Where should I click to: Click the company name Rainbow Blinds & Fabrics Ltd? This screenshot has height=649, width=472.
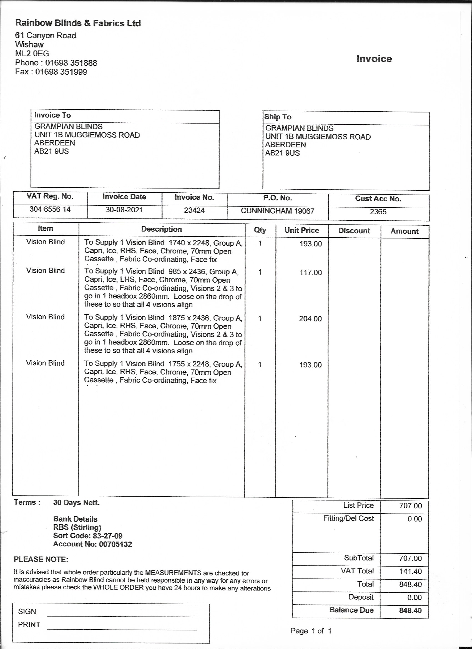point(78,23)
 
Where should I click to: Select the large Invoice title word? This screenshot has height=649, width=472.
point(374,59)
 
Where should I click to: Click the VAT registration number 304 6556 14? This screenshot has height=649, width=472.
point(50,210)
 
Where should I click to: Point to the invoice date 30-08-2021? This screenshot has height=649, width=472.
point(124,210)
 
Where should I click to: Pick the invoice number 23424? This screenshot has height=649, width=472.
point(194,211)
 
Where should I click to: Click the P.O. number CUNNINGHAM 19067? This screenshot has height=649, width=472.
point(277,211)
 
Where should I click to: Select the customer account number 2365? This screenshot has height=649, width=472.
point(378,212)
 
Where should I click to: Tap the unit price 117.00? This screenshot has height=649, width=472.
point(311,272)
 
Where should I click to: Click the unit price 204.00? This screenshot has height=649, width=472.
point(310,319)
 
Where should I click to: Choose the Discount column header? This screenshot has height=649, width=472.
point(354,231)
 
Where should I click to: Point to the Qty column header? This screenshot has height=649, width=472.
point(260,230)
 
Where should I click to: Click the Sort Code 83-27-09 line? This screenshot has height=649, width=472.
point(87,536)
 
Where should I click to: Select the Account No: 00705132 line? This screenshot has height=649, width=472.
point(92,544)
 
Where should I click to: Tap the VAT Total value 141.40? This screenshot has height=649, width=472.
point(410,572)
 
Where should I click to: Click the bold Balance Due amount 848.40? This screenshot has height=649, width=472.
point(410,610)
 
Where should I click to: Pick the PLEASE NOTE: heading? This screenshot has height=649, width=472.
point(41,559)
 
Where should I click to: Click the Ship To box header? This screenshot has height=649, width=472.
point(278,117)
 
